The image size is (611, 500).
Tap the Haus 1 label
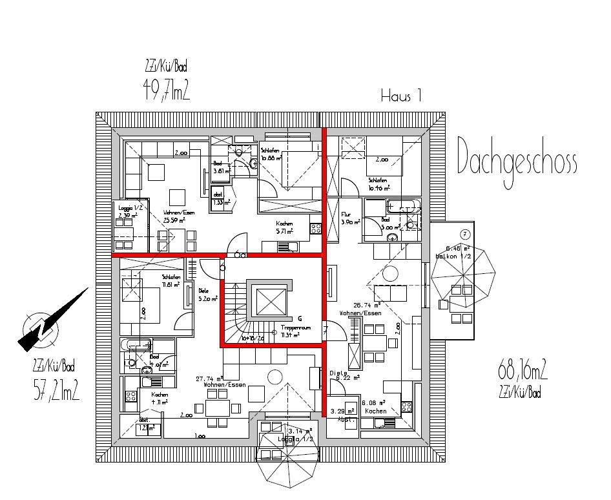[400, 97]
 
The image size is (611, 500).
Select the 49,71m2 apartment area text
[166, 89]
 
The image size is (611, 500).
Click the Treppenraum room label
[296, 331]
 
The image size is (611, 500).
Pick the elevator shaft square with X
[269, 301]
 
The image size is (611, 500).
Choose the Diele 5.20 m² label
[208, 295]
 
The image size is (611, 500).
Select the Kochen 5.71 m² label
[284, 227]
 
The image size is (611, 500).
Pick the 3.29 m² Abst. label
[342, 414]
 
